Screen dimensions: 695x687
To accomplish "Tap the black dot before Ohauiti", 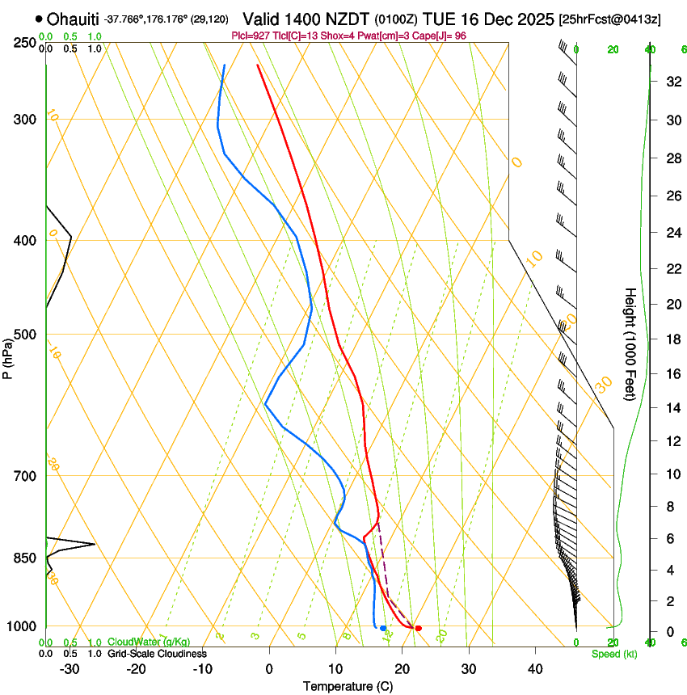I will coord(39,19).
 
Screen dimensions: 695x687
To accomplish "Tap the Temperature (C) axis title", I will coord(348,686).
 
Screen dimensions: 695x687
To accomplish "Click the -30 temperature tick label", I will coord(70,669).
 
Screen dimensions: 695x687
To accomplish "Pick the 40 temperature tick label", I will coord(535,669).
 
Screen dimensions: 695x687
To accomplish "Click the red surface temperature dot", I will coord(418,628).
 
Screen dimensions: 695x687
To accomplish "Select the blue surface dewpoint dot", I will coord(383,628).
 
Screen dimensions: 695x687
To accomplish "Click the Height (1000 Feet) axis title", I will coord(630,343).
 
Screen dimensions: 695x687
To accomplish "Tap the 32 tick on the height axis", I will coord(672,81).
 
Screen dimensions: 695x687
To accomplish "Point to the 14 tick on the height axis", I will coord(672,407).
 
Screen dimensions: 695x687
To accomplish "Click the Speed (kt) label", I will coord(613,654).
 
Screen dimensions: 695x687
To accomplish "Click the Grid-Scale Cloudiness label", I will coord(158,654).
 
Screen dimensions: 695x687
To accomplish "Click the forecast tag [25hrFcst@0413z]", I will coord(609,19).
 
